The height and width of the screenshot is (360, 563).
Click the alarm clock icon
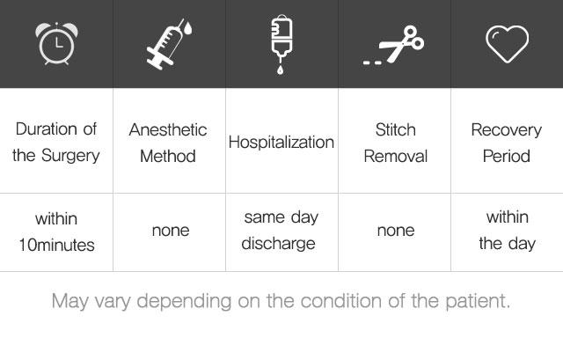coord(56,43)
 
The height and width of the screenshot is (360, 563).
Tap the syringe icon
coord(166,46)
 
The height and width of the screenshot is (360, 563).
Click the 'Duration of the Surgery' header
coord(56,143)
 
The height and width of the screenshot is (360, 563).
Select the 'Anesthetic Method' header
coord(168,143)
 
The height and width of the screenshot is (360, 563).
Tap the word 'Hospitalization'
coord(281,143)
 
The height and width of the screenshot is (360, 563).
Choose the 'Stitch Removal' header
coord(396,143)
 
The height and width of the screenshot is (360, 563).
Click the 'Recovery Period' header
coord(507,143)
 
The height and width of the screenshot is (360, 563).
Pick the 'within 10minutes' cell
coord(56,232)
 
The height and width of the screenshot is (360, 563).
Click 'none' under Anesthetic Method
coord(171,231)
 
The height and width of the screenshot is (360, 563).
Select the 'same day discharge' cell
coord(281,231)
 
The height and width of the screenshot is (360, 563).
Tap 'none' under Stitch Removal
coord(396,231)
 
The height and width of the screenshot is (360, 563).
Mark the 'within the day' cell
coord(507,231)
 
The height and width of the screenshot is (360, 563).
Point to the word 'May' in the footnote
coord(70,301)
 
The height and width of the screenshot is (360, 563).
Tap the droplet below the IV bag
coord(281,70)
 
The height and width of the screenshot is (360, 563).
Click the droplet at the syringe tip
coord(188,28)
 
